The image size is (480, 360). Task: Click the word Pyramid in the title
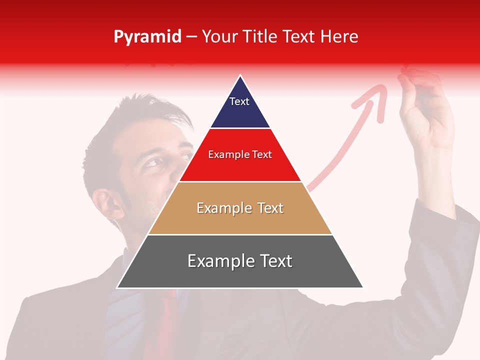point(147,37)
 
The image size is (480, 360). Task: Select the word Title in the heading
point(260,36)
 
